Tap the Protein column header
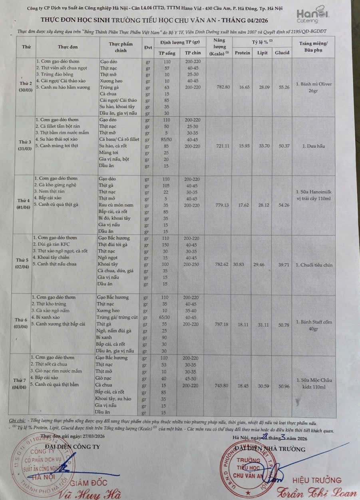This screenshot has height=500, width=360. (x=242, y=53)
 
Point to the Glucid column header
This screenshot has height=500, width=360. (x=282, y=53)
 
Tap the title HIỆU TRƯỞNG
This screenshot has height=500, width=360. (x=317, y=480)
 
